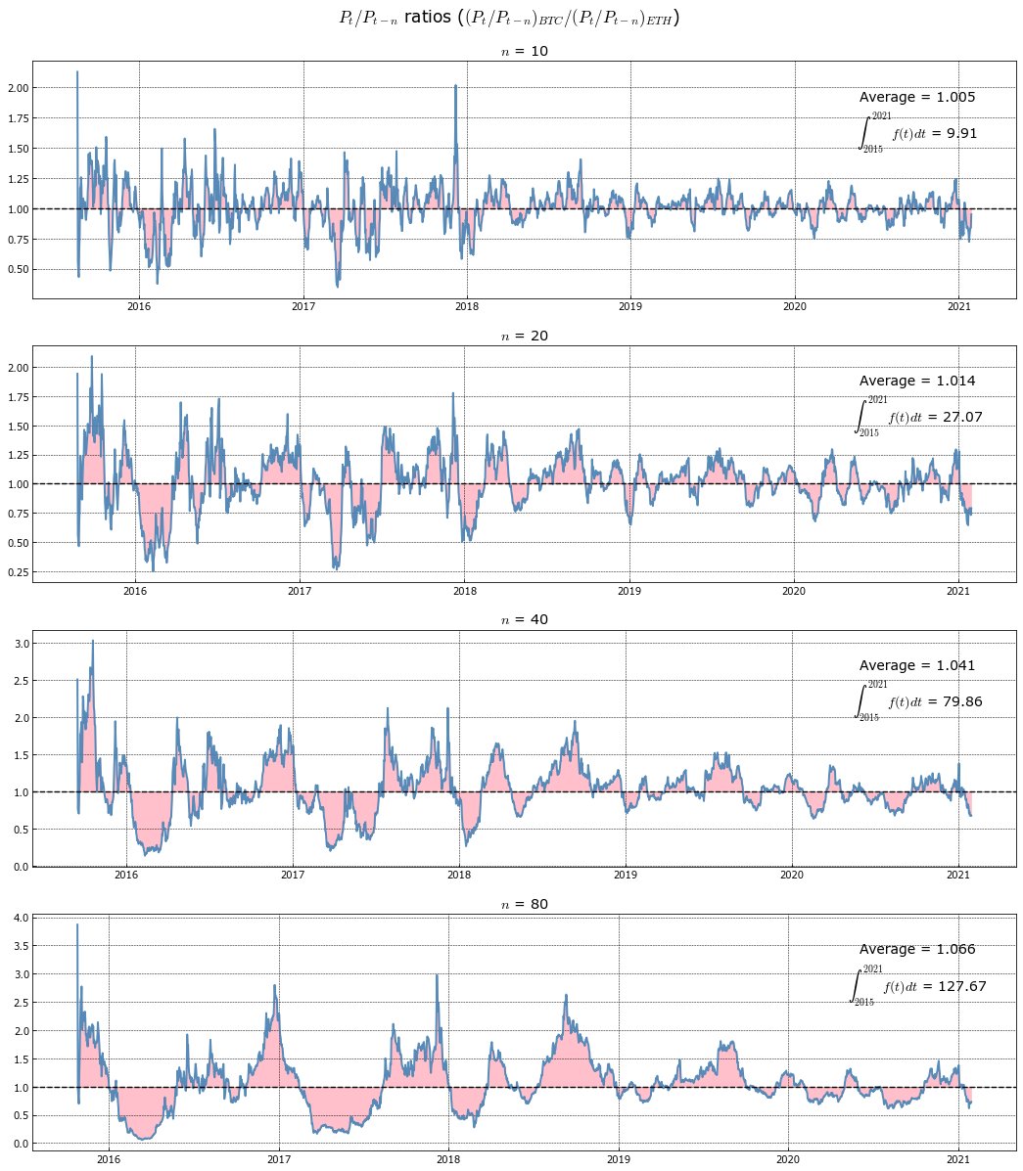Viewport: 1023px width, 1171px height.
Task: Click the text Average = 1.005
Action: tap(917, 98)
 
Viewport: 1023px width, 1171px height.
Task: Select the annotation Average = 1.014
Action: tap(917, 382)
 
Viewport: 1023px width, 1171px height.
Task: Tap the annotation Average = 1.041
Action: tap(917, 666)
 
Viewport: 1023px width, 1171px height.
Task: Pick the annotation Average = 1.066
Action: tap(917, 950)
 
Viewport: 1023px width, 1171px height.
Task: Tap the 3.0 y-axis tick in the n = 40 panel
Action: tap(21, 643)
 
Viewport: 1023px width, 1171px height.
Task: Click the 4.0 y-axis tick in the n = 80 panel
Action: tap(21, 919)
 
